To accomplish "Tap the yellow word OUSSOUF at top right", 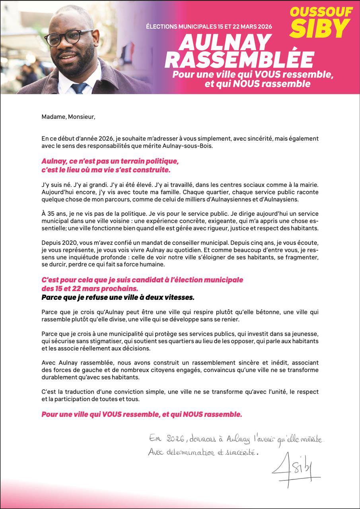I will coord(321,12).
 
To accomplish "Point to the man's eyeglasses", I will coord(68,38).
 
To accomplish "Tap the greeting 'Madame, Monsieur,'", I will coord(68,117).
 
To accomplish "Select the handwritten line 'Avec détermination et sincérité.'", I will coord(203,452).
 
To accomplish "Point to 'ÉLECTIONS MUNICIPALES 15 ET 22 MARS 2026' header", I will coord(209,27).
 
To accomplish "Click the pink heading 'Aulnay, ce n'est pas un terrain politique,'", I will coord(110,161).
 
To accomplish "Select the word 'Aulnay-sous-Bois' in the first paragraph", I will coord(195,146).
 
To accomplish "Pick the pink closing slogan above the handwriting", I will coord(142,414).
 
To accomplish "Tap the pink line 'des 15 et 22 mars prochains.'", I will coord(90,288).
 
